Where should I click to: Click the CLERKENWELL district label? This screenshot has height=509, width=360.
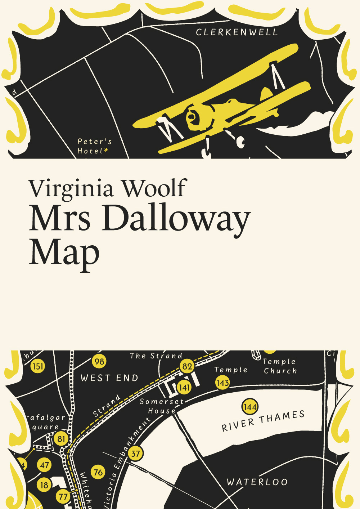pos(237,32)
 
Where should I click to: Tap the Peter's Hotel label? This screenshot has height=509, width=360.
pos(94,146)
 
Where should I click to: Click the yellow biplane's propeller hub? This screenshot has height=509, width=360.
pos(192,116)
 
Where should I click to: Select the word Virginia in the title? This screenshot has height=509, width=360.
pos(72,188)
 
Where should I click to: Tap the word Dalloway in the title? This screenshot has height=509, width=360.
pos(176,219)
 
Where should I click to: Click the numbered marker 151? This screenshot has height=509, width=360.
pos(38,366)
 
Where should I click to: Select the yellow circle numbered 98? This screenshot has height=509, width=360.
pos(99,361)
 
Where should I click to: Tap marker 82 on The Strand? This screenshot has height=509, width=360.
pos(187,366)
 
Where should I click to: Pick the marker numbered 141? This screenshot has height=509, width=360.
pos(184,388)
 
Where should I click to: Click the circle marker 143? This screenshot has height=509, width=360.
pos(223,383)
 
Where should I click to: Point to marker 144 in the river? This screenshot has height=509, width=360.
pos(250,407)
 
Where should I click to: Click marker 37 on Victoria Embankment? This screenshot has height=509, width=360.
pos(135,454)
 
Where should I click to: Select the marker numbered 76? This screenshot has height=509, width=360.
pos(98,472)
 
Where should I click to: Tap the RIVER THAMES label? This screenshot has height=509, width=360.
pos(263,421)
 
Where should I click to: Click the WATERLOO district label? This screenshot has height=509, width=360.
pos(257,482)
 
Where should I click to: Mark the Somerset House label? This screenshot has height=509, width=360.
pos(162,406)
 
